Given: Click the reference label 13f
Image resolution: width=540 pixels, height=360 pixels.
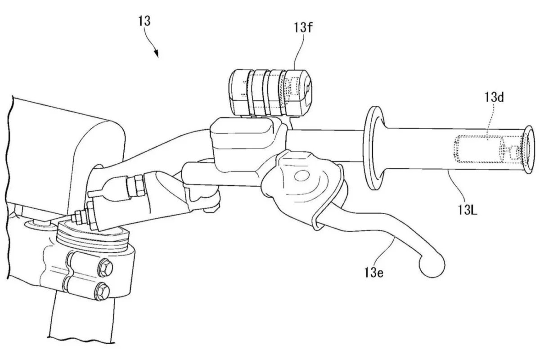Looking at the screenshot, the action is pyautogui.click(x=302, y=27).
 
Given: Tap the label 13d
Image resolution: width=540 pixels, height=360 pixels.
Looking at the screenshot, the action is pyautogui.click(x=494, y=97).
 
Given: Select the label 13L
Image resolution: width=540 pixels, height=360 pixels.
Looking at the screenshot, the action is pyautogui.click(x=468, y=210).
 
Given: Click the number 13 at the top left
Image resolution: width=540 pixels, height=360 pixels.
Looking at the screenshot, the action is pyautogui.click(x=144, y=21).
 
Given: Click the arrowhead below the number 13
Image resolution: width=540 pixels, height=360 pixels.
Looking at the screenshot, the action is pyautogui.click(x=157, y=54).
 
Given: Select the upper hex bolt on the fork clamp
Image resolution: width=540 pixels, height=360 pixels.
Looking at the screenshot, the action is pyautogui.click(x=104, y=267).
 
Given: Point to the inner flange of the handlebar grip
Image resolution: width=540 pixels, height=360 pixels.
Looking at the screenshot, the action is pyautogui.click(x=374, y=148).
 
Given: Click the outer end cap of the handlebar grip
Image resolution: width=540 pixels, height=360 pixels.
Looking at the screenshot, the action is pyautogui.click(x=529, y=149).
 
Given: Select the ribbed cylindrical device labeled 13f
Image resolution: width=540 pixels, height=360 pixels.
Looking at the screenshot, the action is pyautogui.click(x=270, y=92).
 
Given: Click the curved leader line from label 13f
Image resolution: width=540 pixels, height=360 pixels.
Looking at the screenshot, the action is pyautogui.click(x=298, y=52).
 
